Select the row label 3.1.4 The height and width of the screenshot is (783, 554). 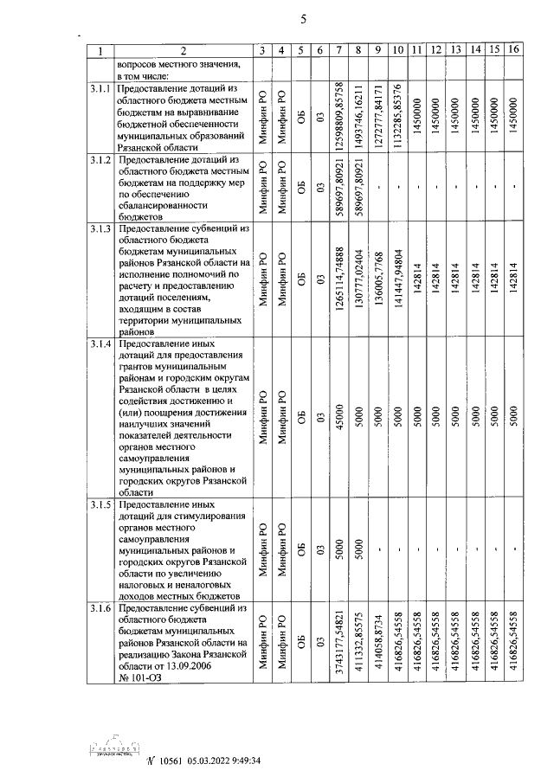100,345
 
